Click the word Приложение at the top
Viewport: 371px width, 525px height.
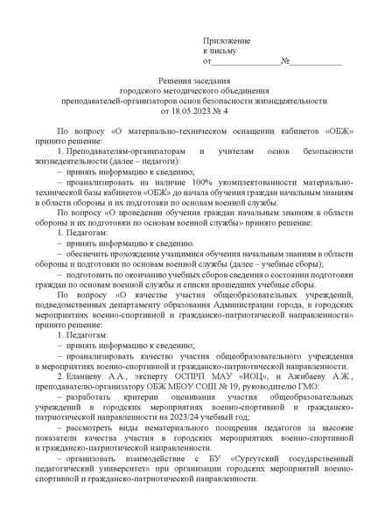[227, 41]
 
